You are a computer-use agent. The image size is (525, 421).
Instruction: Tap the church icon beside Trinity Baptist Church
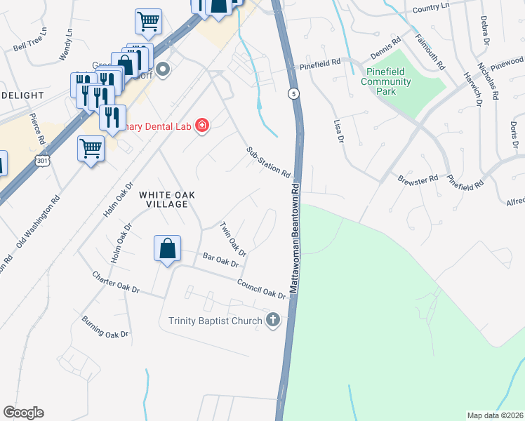[x=273, y=321]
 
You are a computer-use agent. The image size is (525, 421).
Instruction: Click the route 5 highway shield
[x=293, y=93]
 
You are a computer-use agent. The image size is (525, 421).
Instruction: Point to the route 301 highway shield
[x=43, y=161]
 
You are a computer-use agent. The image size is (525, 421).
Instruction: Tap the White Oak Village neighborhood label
[x=164, y=199]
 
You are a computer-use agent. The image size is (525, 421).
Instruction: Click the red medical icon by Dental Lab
[x=202, y=126]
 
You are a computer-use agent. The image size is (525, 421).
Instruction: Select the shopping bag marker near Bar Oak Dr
[x=168, y=249]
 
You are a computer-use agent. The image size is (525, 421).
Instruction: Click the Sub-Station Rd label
[x=268, y=161]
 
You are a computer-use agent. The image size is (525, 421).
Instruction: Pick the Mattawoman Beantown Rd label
[x=296, y=239]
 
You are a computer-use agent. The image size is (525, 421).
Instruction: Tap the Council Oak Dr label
[x=261, y=288]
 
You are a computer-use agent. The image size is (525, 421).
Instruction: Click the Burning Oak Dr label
[x=105, y=327]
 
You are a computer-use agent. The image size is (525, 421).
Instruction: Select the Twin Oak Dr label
[x=234, y=239]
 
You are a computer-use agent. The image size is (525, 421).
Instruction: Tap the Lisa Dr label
[x=337, y=131]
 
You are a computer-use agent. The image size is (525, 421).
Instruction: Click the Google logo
[x=23, y=413]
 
